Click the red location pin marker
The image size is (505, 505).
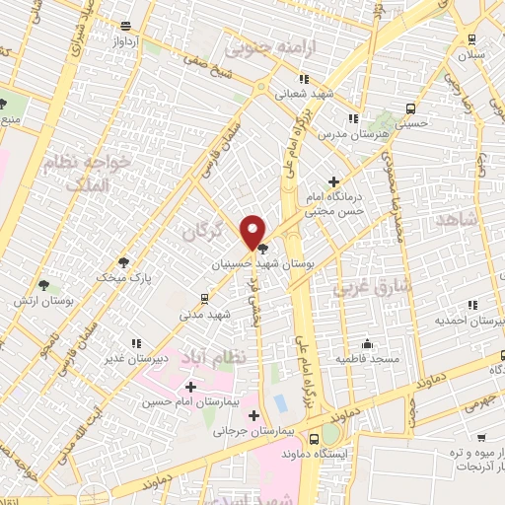click(253, 231)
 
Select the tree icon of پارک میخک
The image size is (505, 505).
click(123, 262)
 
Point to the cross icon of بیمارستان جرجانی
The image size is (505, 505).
click(255, 415)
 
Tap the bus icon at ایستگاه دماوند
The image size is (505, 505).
click(314, 439)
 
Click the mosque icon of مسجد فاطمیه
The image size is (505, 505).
click(367, 344)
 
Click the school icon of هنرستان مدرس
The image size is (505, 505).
click(352, 118)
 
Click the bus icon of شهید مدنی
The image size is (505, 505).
click(204, 298)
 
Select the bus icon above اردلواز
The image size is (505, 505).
click(124, 27)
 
